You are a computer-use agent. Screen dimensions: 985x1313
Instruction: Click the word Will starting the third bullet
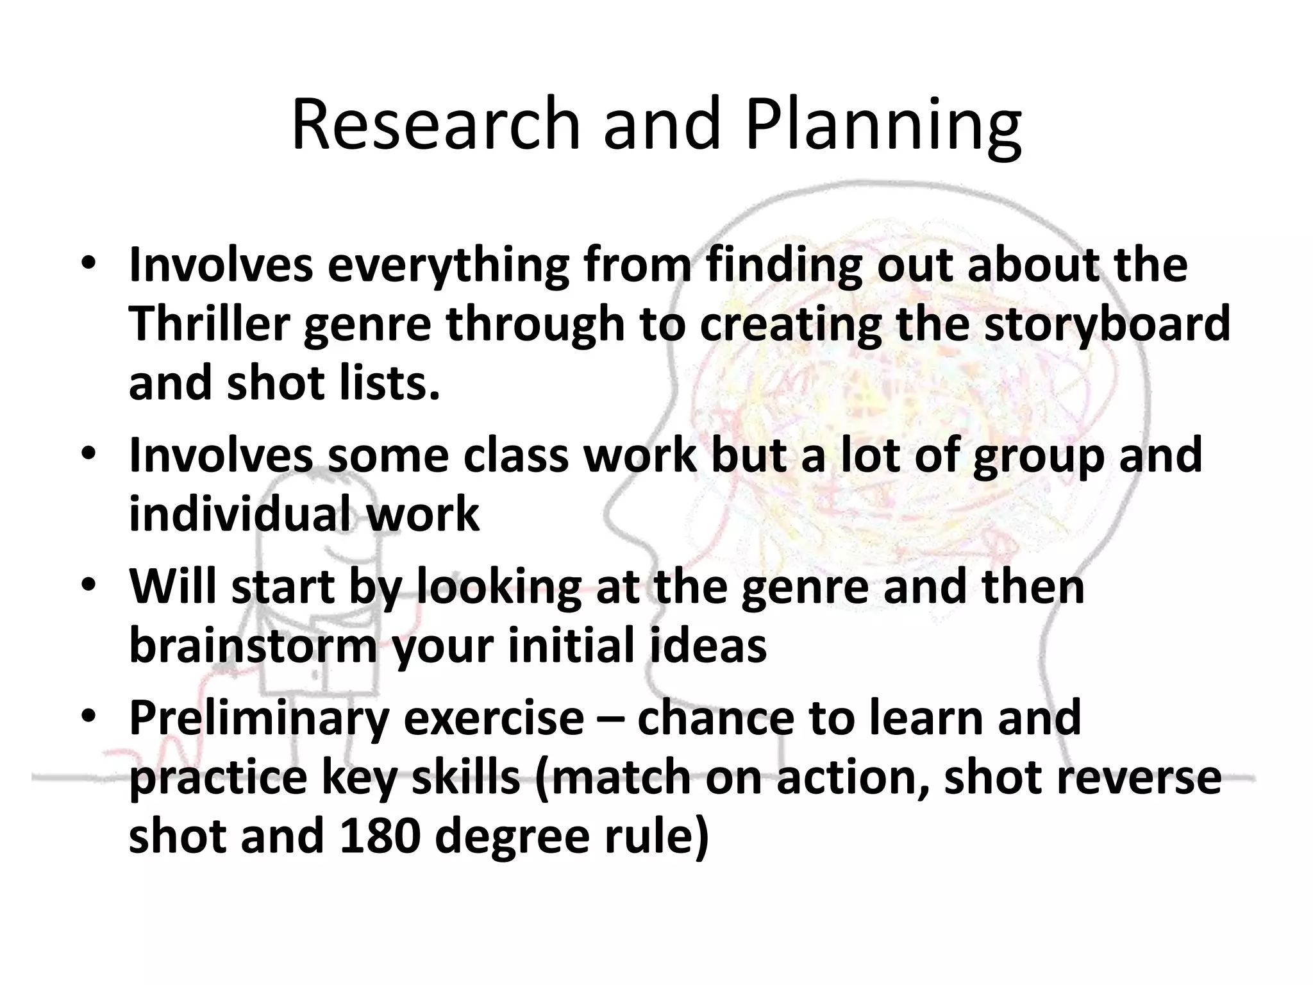[172, 586]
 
